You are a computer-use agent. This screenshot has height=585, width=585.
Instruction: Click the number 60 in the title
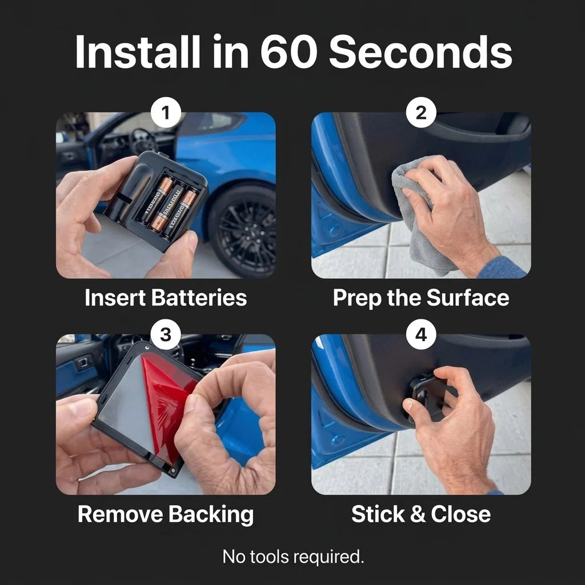point(289,51)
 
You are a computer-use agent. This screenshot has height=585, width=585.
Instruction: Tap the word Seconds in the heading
point(420,51)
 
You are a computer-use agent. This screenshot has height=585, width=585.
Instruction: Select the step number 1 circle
point(166,113)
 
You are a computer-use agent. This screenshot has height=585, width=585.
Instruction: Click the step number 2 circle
point(421,113)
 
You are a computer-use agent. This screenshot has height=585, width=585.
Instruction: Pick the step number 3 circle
point(166,334)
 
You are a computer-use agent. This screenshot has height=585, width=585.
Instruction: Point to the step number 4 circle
point(421,334)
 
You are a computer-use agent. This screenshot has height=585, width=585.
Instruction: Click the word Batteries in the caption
point(199,297)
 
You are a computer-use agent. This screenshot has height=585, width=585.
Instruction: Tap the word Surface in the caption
point(467,297)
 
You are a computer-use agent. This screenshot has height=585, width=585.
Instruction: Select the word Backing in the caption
point(211,515)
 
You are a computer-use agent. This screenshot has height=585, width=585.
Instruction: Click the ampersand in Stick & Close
point(418,514)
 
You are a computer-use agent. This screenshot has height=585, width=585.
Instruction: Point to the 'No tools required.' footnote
point(293,556)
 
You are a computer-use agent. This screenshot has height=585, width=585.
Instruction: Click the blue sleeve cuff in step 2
point(504,268)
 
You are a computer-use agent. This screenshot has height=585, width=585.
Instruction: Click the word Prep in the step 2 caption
point(357,298)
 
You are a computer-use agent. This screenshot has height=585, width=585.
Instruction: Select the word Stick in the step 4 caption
point(378,514)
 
